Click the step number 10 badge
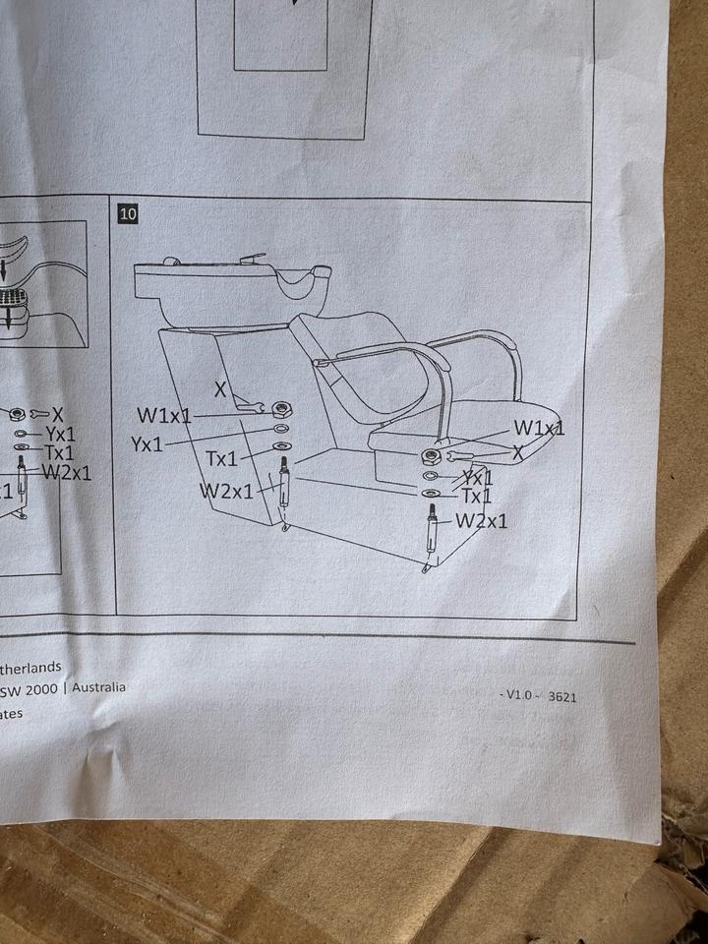[128, 212]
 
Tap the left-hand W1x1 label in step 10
[163, 416]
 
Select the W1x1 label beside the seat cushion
[538, 429]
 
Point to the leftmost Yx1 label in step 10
[147, 444]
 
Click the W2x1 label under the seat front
[481, 520]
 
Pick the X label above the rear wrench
[220, 390]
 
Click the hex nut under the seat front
[430, 455]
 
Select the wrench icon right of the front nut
[459, 456]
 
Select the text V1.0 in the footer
[516, 694]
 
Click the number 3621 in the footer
[561, 696]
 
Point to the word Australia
[99, 687]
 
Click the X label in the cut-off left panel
[58, 415]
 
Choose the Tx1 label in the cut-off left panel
[59, 452]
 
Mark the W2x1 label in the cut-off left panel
[66, 472]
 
